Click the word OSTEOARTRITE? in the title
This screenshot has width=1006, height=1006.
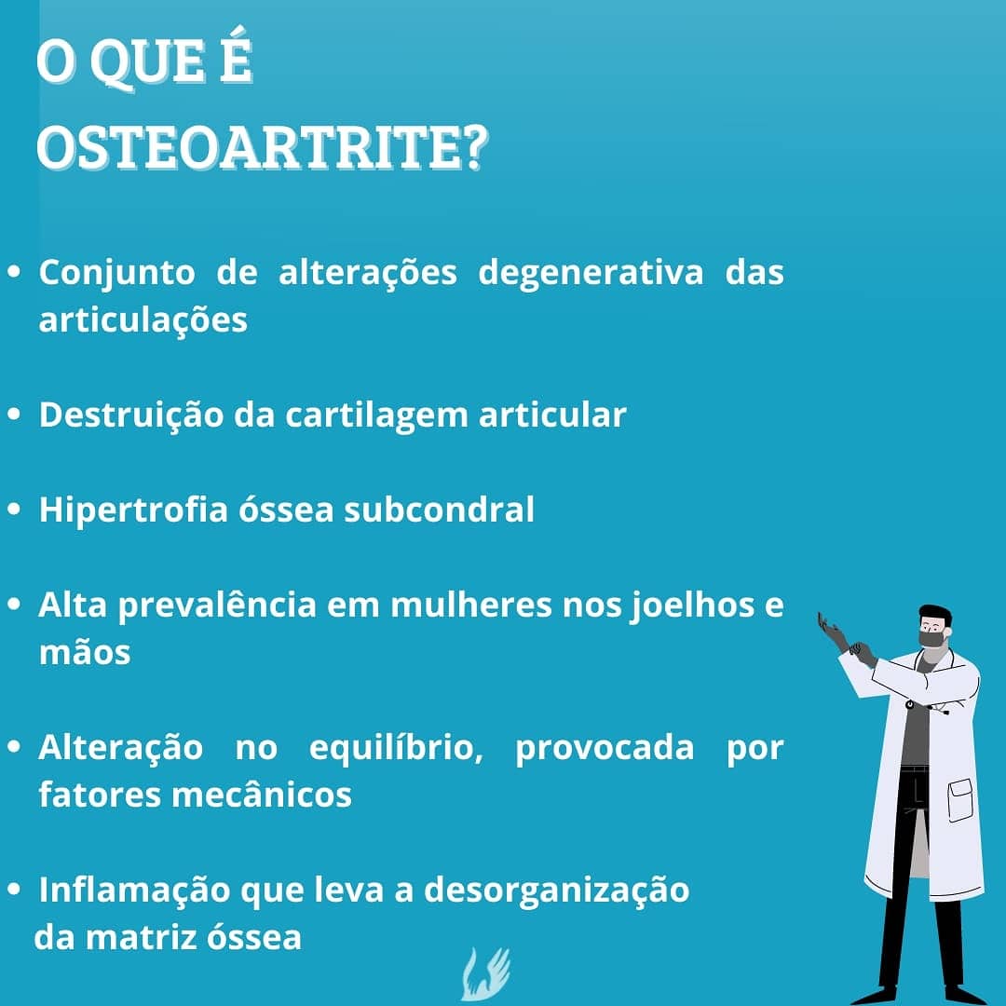point(263,147)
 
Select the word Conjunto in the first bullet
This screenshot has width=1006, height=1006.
point(116,273)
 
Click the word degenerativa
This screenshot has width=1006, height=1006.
point(591,273)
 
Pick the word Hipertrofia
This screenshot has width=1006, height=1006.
point(133,510)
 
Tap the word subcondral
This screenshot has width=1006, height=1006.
point(439,510)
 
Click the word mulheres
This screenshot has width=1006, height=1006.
point(471,605)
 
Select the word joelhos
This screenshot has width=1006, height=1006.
point(691,605)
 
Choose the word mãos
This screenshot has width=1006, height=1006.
point(85,652)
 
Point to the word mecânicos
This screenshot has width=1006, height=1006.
point(262,795)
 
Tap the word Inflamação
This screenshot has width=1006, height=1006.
point(134,890)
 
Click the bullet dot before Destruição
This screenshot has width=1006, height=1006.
point(14,415)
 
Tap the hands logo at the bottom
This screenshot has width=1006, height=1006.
point(485,974)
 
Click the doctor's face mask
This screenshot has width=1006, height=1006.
point(932,638)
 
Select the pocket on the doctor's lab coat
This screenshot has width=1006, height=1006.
point(961,800)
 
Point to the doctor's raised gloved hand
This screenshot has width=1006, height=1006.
point(832,632)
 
